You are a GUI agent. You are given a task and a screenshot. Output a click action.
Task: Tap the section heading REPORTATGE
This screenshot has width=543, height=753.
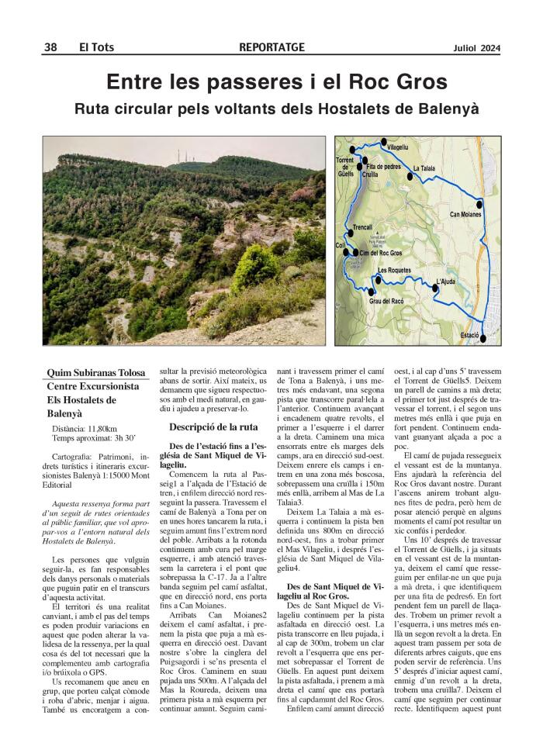click(x=271, y=47)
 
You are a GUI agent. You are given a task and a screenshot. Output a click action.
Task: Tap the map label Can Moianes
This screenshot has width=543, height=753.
click(x=465, y=214)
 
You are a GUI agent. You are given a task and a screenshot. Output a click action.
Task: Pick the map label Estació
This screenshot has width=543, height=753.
click(x=470, y=333)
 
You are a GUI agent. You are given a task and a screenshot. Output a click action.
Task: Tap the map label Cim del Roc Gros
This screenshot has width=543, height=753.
click(x=380, y=253)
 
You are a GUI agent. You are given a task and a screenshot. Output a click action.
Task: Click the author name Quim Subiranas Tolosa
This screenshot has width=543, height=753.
click(x=97, y=373)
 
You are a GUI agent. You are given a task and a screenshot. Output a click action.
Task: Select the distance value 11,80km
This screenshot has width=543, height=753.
click(x=102, y=428)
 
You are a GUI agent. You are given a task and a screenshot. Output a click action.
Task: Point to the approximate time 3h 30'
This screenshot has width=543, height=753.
click(x=126, y=438)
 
